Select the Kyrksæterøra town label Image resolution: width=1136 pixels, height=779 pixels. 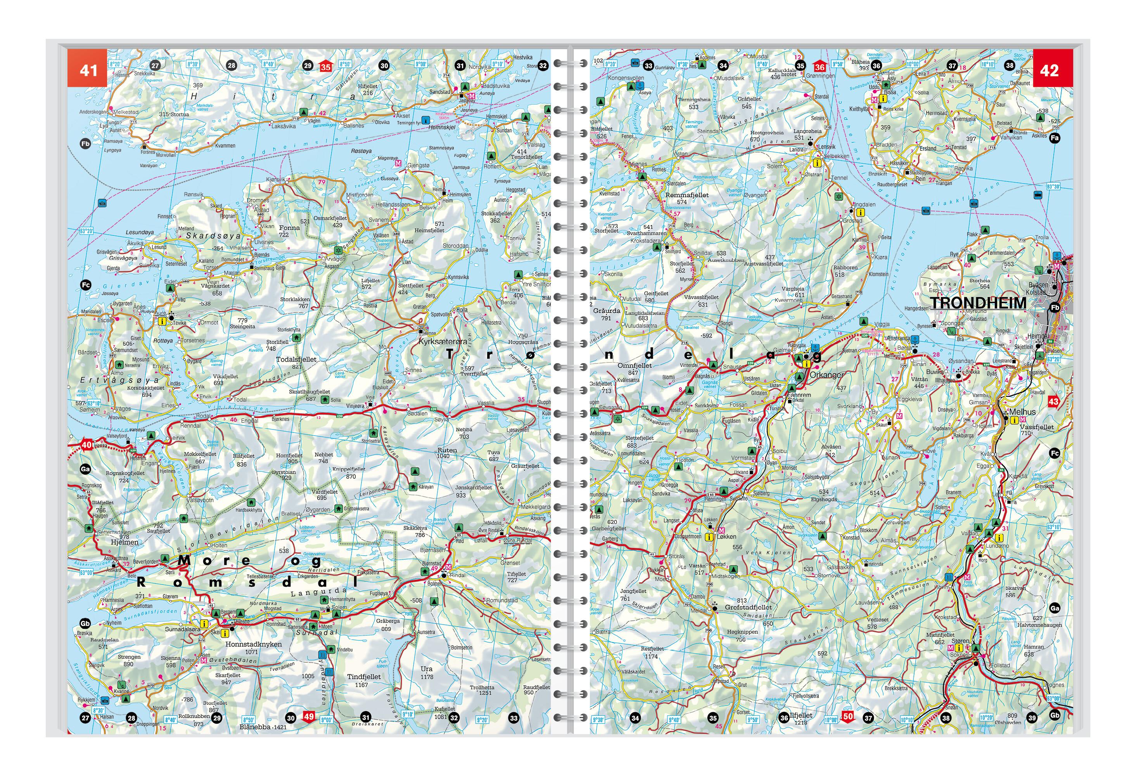point(443,341)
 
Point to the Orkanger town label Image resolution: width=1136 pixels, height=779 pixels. point(826,375)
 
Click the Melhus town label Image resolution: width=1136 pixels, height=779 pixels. point(1022,412)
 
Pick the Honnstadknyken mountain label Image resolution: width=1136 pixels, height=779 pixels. point(253,644)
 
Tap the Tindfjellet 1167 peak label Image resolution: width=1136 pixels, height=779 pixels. point(364,677)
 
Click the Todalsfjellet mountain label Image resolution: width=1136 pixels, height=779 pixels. point(296,359)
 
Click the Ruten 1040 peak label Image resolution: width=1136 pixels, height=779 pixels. point(447,450)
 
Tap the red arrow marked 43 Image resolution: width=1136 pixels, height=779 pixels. point(1053,402)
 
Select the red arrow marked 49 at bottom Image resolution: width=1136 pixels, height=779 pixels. point(308,717)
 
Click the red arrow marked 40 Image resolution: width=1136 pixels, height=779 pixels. point(86,445)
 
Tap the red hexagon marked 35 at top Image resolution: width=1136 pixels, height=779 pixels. point(325,66)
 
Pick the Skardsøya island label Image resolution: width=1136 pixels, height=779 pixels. point(213,236)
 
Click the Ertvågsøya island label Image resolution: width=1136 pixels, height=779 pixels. point(119,380)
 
